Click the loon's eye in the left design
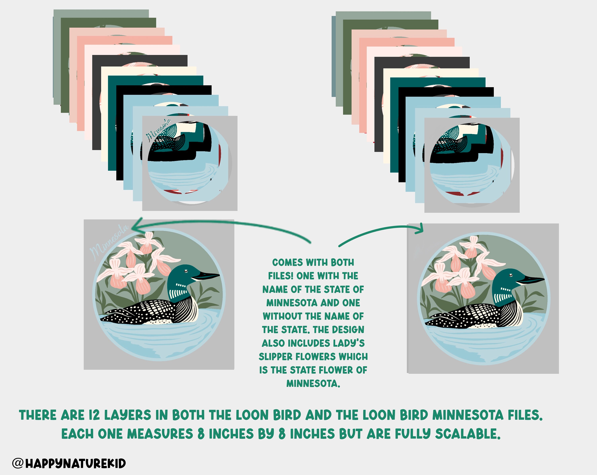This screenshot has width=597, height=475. coord(186,271)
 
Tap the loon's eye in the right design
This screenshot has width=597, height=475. coord(511,275)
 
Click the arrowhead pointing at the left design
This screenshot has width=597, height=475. coord(136,225)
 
